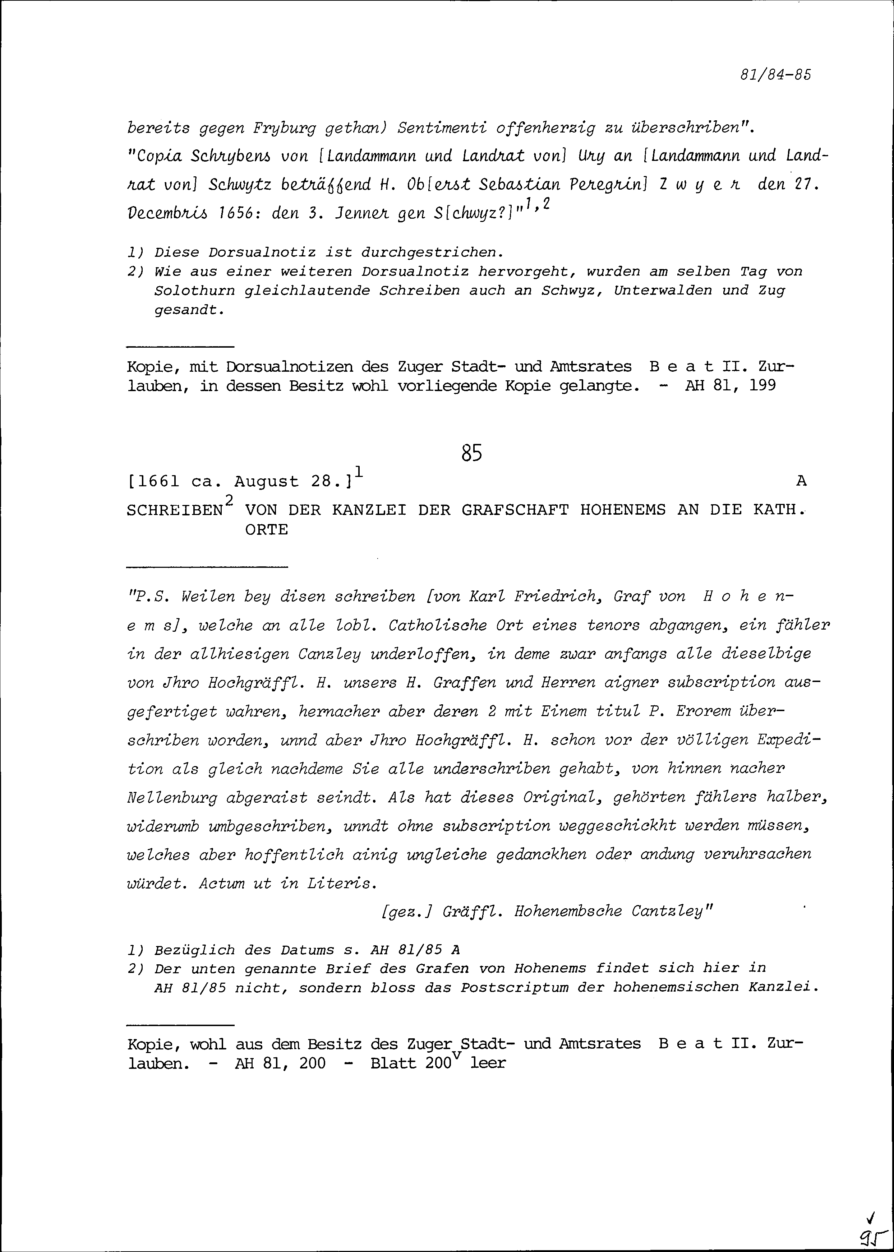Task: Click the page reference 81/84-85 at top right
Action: tap(775, 75)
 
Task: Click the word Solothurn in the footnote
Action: tap(195, 291)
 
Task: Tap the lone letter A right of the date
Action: tap(801, 481)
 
